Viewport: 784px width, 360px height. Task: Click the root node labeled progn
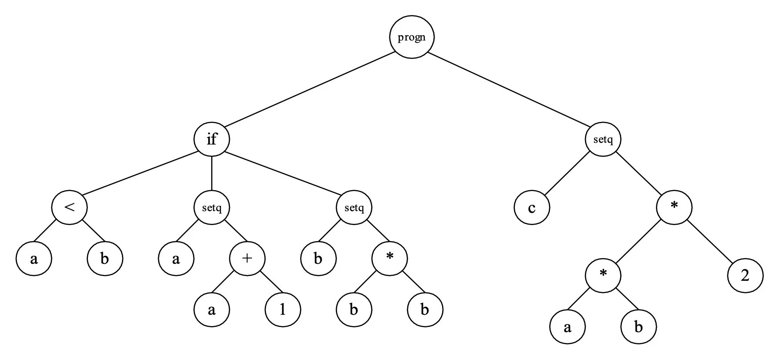point(412,37)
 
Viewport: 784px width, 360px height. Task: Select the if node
point(211,140)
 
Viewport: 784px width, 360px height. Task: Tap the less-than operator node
point(69,207)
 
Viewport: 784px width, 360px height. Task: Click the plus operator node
point(247,259)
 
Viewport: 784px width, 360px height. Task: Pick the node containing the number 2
point(745,276)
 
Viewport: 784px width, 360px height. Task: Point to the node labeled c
point(532,207)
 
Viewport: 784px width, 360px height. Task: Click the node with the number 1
point(283,310)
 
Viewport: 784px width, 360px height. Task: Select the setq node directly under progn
point(603,140)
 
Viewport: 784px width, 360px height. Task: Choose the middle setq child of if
point(212,207)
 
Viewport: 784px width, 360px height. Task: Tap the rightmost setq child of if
point(354,207)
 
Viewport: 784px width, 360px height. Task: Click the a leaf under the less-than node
point(34,259)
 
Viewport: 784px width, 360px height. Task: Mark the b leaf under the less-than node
point(105,259)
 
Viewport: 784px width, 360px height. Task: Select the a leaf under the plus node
point(212,310)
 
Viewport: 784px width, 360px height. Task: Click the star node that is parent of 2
point(674,207)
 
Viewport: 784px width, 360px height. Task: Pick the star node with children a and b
point(603,276)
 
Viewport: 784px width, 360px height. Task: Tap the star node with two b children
point(389,259)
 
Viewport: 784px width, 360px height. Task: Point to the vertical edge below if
point(212,173)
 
